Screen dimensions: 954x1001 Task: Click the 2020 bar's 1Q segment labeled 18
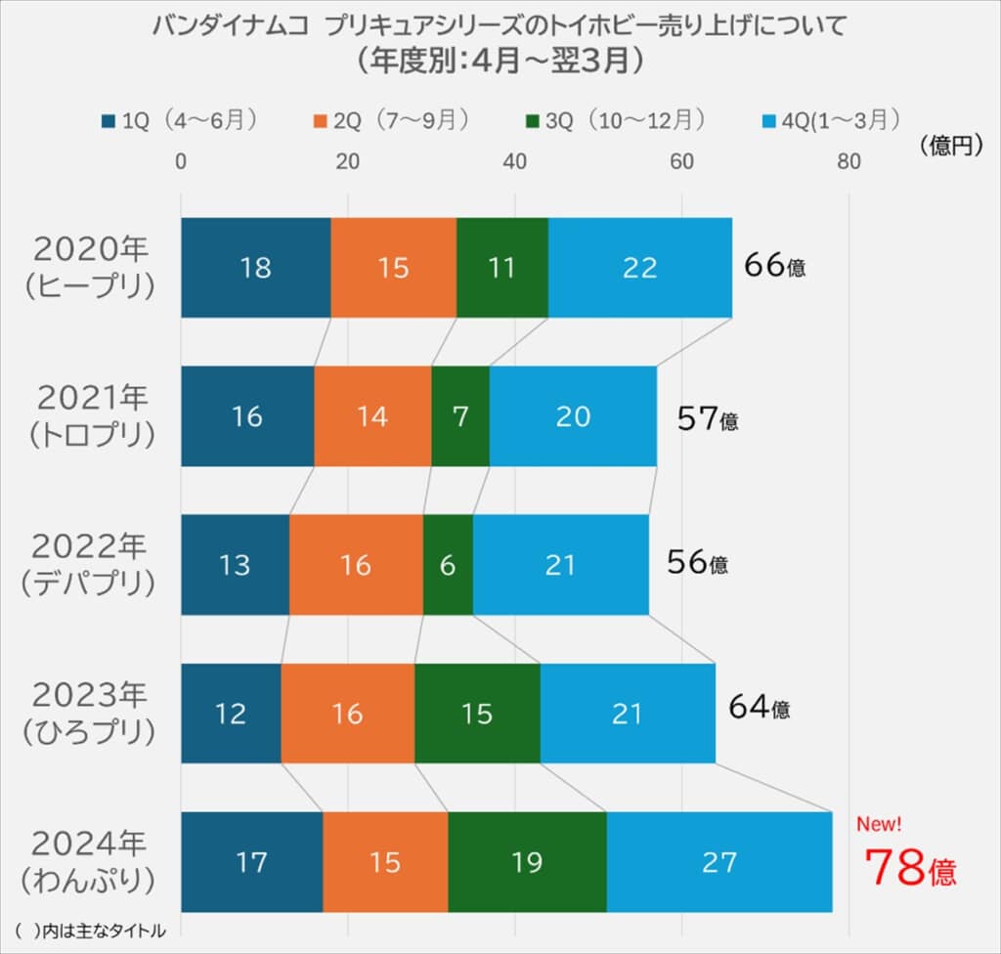tap(255, 267)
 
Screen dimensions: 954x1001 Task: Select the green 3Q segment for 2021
tap(460, 416)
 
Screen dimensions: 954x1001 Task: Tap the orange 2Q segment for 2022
tap(356, 565)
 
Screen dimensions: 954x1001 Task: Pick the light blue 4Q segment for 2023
tap(627, 714)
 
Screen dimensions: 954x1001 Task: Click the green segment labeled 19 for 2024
tap(527, 862)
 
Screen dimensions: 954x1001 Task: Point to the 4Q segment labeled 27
tap(718, 862)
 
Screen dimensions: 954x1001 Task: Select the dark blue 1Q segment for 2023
tap(231, 714)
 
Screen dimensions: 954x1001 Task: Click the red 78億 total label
tap(910, 866)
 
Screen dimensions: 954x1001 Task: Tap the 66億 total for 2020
tap(774, 265)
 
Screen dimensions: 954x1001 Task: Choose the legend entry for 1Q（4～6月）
tap(180, 119)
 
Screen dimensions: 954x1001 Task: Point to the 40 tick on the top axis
tap(515, 161)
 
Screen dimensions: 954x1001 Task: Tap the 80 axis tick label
tap(849, 161)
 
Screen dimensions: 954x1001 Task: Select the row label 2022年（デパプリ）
tap(90, 564)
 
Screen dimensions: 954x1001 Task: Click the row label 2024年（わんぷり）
tap(90, 861)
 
